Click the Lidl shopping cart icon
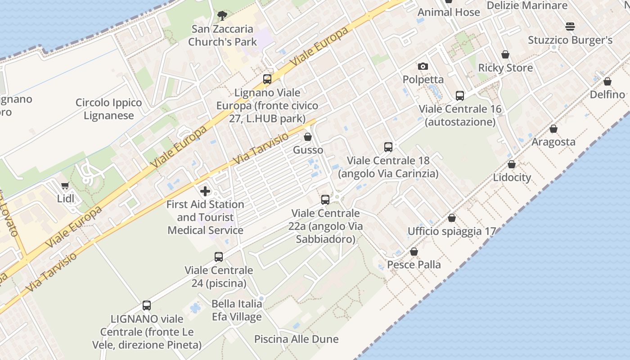coord(65,185)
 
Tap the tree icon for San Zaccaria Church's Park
coord(222,16)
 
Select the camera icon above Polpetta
coord(423,67)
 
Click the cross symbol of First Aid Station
coord(205,191)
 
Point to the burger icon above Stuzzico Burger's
coord(570,27)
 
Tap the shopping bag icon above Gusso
coord(308,137)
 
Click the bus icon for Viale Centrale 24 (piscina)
coord(219,257)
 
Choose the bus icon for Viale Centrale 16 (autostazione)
coord(459,96)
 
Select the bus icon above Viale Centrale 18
coord(388,147)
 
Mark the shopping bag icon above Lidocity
coord(511,164)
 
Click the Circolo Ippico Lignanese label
coord(108,109)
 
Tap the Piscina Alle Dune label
coord(296,339)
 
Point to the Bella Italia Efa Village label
coord(237,310)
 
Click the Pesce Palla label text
coord(414,264)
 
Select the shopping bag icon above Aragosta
coord(553,129)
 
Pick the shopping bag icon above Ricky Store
coord(505,55)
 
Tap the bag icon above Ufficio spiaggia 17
coord(452,218)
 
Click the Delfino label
coord(607,94)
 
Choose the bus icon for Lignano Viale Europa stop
coord(267,80)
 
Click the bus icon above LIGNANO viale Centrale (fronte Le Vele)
coord(147,306)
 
